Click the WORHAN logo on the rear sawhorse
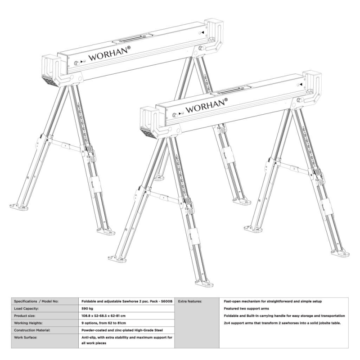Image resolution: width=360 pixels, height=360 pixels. coord(109,54)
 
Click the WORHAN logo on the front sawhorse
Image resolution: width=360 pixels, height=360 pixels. coord(207,106)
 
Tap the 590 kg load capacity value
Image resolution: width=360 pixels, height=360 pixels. coord(87,308)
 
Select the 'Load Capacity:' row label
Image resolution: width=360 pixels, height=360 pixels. coord(27,308)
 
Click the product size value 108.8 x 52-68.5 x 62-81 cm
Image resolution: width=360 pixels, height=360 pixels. coord(103,316)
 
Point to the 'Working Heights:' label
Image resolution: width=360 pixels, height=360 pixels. coord(28,323)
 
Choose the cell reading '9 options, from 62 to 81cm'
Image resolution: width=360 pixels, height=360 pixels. coord(104,323)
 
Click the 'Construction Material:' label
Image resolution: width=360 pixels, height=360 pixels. coord(32,330)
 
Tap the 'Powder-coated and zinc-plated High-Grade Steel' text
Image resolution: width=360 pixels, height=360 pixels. coord(122,330)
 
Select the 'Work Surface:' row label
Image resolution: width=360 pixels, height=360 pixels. coord(26,337)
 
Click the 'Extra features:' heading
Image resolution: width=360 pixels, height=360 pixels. coord(190,301)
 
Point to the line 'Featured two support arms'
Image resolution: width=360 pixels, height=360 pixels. coord(246,308)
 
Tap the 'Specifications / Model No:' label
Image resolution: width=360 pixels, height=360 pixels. coord(36,301)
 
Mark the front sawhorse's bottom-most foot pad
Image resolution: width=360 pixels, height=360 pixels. coord(204,284)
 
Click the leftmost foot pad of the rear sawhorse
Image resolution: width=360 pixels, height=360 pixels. coord(19,207)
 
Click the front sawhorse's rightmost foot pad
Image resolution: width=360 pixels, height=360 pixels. coord(340,254)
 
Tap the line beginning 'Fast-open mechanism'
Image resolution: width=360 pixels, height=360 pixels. coord(273,301)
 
